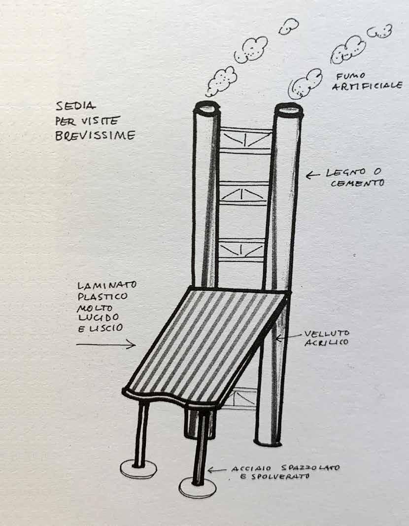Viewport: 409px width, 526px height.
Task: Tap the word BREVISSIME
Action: pos(95,136)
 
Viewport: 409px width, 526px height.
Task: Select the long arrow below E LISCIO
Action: pos(105,345)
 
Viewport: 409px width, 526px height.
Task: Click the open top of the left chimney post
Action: pos(207,106)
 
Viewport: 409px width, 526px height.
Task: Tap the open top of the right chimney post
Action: pos(288,108)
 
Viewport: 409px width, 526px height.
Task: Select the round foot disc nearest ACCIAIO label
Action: pos(197,488)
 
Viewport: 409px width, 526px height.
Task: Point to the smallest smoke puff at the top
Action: pos(288,27)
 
